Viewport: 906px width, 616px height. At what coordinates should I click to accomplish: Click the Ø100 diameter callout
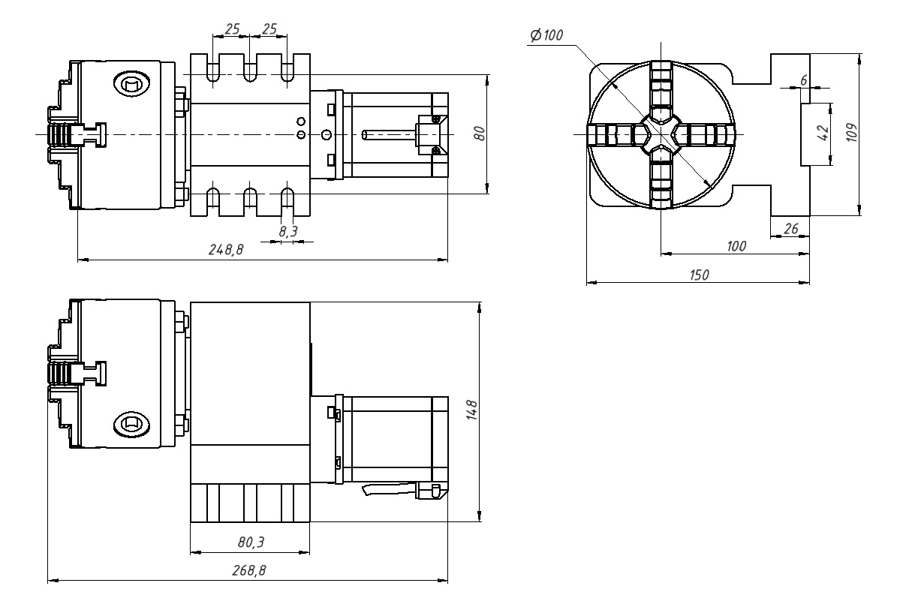tap(546, 35)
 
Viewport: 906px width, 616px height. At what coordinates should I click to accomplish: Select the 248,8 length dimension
tap(226, 250)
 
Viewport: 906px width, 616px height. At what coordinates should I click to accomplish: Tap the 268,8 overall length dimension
tap(249, 570)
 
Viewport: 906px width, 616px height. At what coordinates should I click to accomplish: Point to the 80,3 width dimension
tap(251, 542)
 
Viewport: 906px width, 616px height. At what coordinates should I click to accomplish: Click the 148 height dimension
tap(471, 410)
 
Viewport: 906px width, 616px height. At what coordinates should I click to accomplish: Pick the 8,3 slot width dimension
tap(288, 231)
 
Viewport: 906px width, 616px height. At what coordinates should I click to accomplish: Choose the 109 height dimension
tap(851, 132)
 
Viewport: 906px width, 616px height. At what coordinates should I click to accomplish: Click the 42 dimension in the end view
tap(823, 133)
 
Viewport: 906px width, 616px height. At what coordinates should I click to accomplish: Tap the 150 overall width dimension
tap(700, 275)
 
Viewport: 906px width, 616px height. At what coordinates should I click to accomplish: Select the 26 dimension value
tap(790, 229)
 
